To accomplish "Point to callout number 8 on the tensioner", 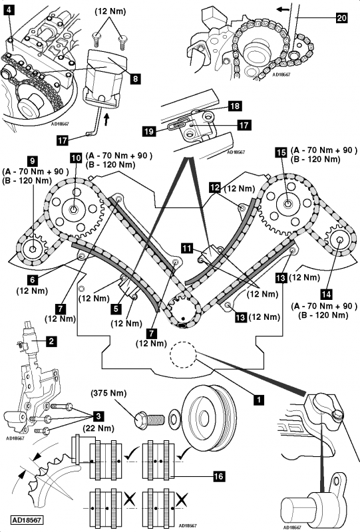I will (135, 78).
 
